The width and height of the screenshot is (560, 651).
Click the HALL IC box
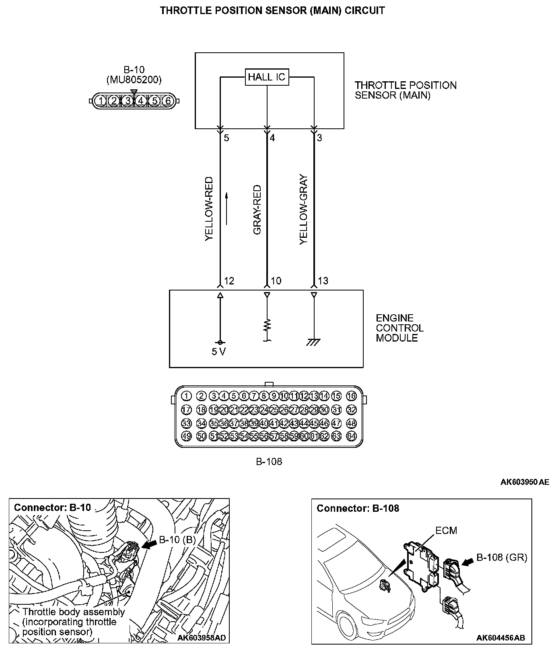coord(267,77)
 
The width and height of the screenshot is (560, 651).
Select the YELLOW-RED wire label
coord(209,209)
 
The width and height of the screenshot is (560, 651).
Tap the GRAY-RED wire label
coord(257,210)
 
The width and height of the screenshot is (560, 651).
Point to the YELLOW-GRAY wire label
coord(304,209)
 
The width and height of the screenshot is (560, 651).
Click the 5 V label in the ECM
coord(219,352)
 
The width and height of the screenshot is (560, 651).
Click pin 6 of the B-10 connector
coord(168,101)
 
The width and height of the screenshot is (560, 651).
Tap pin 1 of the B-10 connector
coord(101,101)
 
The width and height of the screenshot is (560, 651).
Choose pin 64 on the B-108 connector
coord(351,436)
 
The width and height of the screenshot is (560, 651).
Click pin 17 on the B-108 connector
coord(186,410)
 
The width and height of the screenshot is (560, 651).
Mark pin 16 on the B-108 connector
coord(351,396)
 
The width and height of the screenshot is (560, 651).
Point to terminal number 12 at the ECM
coord(229,281)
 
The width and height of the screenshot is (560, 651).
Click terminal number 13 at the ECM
coord(323,281)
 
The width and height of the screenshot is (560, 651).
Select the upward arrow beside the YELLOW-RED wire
coord(227,208)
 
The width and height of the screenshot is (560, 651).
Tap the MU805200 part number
coord(134,80)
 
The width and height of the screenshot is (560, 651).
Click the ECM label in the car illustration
coord(446,530)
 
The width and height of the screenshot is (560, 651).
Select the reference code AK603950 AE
coord(525,482)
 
